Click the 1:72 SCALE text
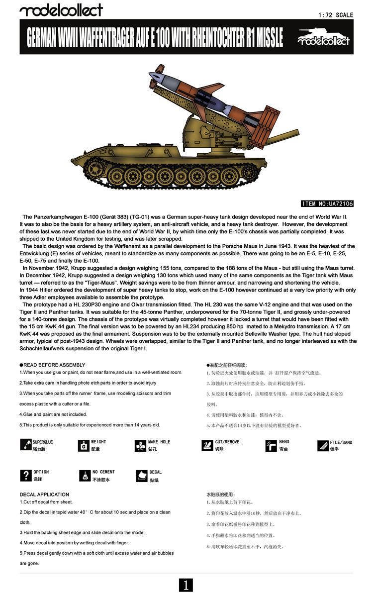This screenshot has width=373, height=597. [x=336, y=15]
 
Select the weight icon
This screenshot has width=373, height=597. [x=84, y=445]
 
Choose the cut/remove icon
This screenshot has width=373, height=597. [x=207, y=445]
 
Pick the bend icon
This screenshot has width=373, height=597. [x=271, y=445]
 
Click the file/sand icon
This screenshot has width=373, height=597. [x=323, y=445]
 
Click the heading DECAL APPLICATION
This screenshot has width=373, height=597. [x=44, y=495]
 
